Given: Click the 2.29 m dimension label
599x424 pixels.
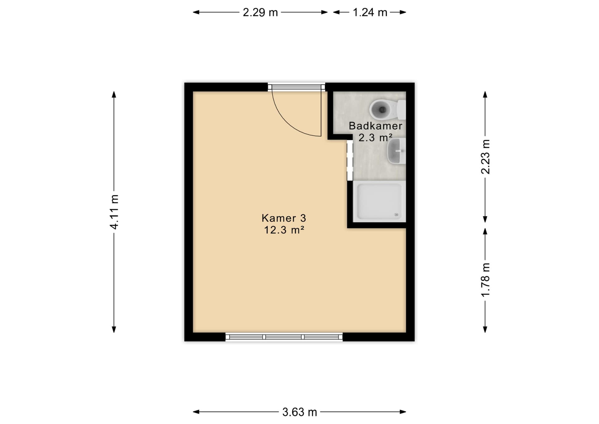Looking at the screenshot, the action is (260, 12).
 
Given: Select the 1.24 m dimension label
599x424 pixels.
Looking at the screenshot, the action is (370, 12).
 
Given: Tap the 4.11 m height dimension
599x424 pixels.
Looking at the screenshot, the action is (114, 212).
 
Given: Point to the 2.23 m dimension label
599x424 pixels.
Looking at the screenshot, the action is (485, 157).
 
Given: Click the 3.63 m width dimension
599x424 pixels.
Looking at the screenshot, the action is (299, 412).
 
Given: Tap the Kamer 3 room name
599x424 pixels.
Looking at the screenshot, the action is (284, 218).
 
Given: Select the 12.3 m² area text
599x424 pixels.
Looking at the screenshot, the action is (284, 230).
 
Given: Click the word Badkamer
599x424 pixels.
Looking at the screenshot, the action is (375, 126).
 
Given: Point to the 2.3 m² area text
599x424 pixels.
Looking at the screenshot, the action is (375, 137).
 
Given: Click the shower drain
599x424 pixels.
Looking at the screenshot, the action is (397, 215).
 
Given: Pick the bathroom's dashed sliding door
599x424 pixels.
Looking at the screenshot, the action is (350, 160).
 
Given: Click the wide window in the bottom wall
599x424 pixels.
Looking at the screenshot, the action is (284, 337).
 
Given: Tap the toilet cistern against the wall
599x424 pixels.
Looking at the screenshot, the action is (402, 110).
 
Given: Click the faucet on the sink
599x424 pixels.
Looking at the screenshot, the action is (400, 151).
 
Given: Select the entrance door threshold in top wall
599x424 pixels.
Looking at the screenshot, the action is (296, 87).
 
